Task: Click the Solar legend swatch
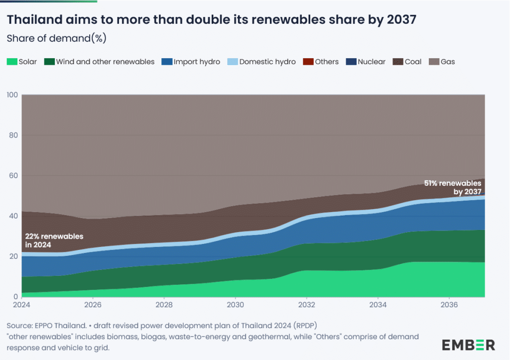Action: (11, 62)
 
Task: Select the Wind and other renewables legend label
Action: (105, 62)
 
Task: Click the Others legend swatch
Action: (308, 62)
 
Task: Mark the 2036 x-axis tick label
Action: (449, 304)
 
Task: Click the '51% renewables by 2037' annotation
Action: (453, 187)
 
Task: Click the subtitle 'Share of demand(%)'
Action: (56, 38)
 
